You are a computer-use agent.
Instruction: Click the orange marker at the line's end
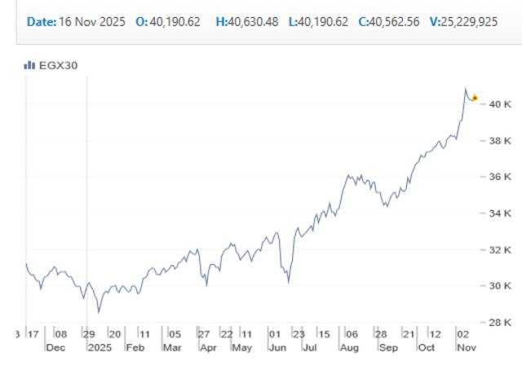[x=475, y=98]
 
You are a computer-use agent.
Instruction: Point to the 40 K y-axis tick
[x=499, y=104]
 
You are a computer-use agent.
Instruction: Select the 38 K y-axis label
[x=499, y=140]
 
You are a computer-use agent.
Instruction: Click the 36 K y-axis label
[x=499, y=177]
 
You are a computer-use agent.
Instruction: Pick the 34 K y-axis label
[x=499, y=214]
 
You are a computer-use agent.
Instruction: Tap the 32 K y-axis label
[x=499, y=249]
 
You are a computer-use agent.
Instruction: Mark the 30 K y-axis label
[x=499, y=286]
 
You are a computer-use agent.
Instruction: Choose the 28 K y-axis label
[x=499, y=322]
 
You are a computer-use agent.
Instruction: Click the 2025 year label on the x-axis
[x=98, y=347]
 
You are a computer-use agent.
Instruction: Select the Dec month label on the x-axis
[x=55, y=347]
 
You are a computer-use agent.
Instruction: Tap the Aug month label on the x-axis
[x=350, y=347]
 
